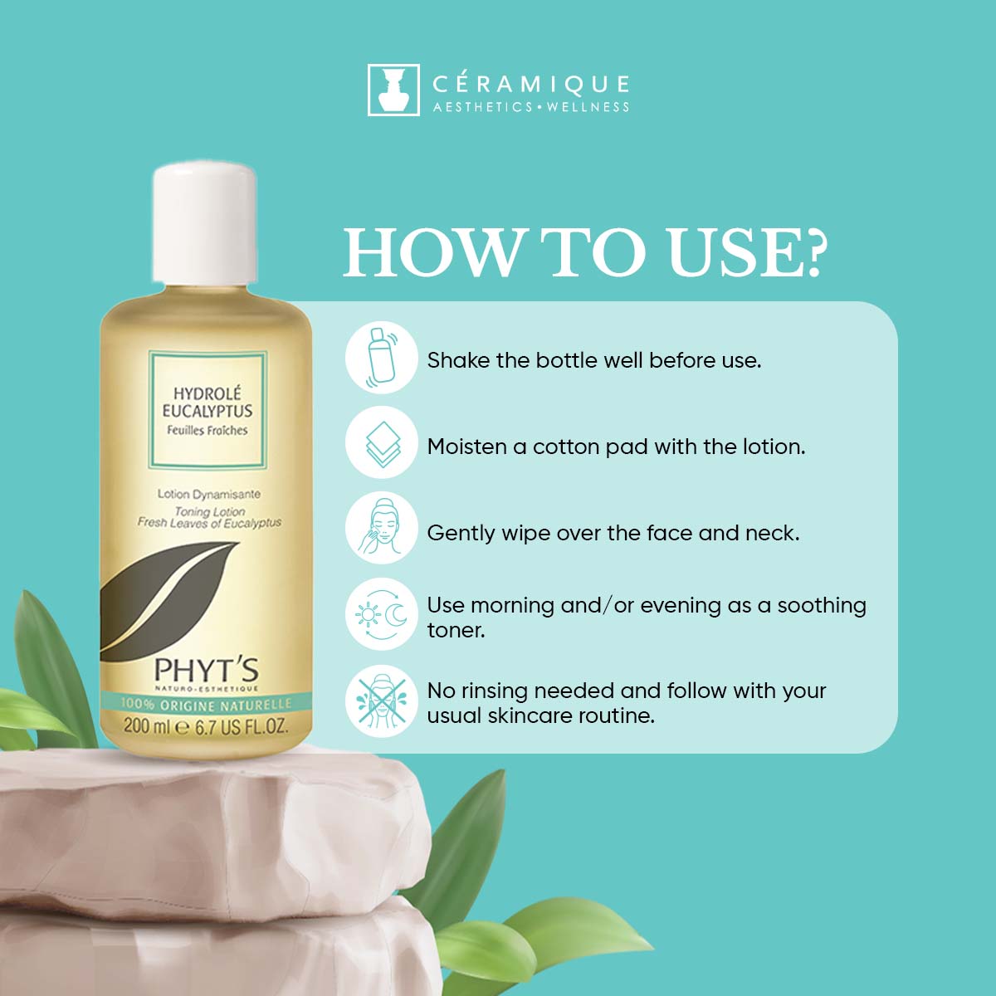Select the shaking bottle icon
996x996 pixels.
[382, 357]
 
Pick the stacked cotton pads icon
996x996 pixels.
[382, 442]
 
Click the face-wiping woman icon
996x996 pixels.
[382, 528]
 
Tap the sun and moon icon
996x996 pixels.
[382, 614]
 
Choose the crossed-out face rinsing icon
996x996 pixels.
[382, 701]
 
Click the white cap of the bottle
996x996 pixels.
[205, 223]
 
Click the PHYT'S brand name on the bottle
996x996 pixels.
[206, 671]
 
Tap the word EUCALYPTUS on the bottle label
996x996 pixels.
[207, 412]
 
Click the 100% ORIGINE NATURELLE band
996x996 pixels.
[206, 704]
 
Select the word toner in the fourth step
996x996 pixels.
[456, 631]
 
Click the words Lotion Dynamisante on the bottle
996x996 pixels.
[209, 494]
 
